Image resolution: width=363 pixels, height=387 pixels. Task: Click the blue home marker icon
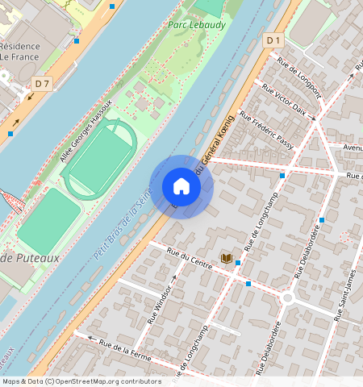click(181, 186)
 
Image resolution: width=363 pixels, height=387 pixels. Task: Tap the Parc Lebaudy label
click(196, 25)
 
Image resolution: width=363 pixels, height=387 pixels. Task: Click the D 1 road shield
click(274, 40)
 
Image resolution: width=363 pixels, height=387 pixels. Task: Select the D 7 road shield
click(43, 83)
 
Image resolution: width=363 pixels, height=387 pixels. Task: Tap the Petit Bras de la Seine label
click(121, 230)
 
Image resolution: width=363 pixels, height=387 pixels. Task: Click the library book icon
click(227, 258)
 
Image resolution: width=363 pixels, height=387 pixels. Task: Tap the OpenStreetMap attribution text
click(81, 381)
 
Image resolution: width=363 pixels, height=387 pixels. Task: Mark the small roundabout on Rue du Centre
click(287, 298)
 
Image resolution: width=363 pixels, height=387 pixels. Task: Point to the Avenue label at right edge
click(352, 148)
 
